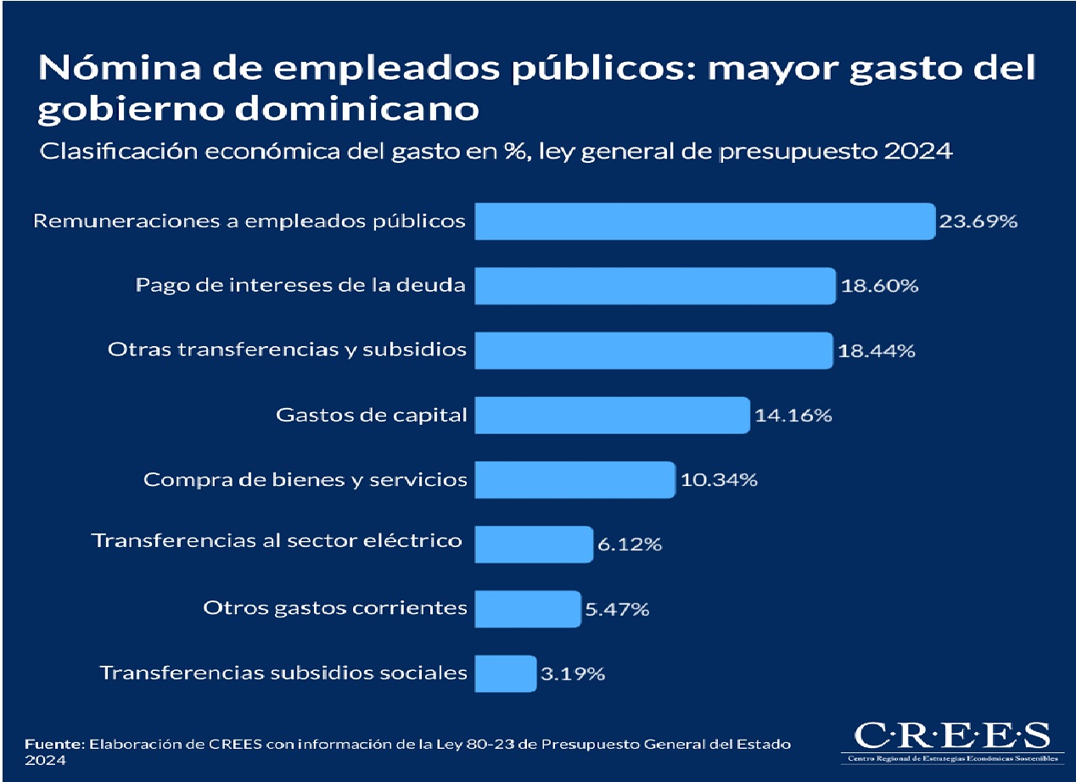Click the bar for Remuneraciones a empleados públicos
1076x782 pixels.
(704, 221)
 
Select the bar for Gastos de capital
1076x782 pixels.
(612, 415)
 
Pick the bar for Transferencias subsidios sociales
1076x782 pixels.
(506, 673)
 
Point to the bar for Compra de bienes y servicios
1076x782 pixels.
(574, 479)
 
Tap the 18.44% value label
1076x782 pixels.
(877, 351)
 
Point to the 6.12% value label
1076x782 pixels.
(629, 545)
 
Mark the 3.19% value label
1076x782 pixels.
(573, 674)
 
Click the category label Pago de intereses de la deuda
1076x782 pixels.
(300, 286)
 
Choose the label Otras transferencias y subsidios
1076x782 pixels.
(287, 350)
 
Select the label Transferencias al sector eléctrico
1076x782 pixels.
(277, 540)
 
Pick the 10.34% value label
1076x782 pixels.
(718, 480)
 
